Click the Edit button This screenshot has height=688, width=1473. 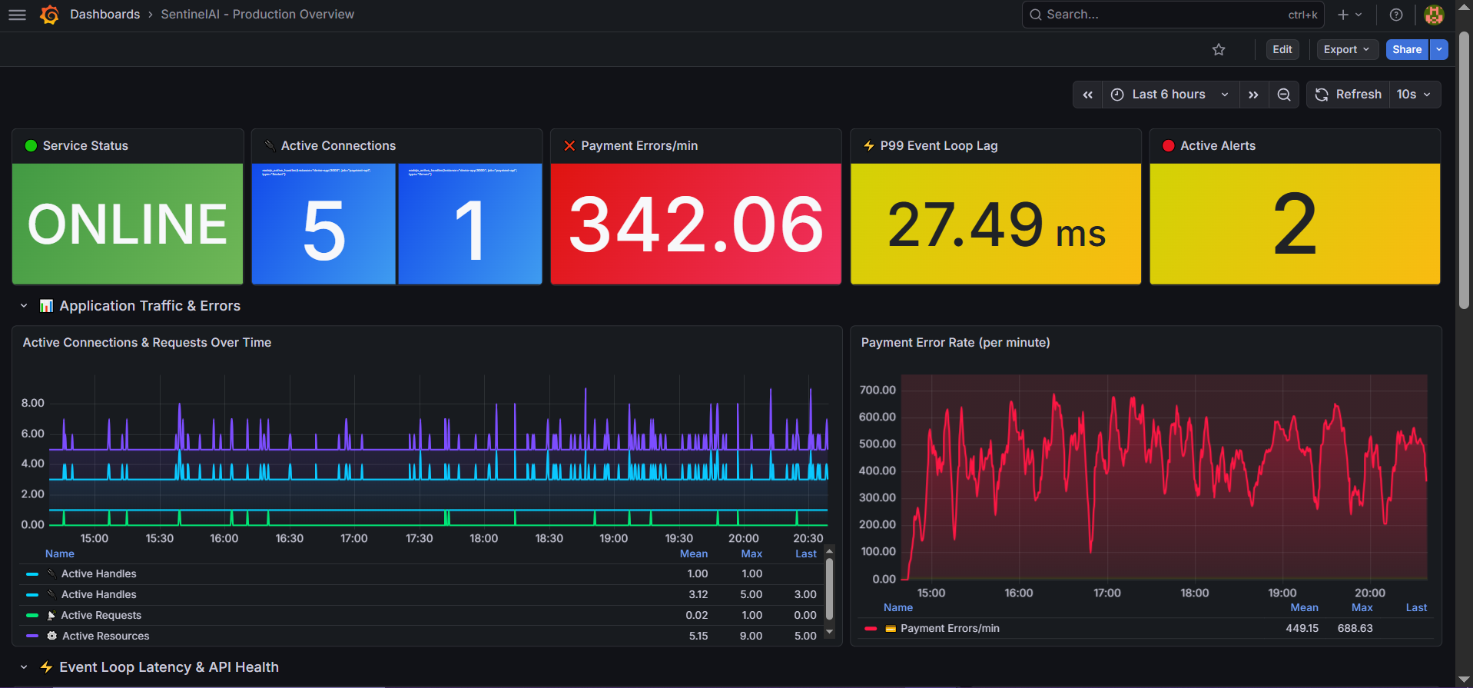1282,49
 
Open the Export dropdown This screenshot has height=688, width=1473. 1346,49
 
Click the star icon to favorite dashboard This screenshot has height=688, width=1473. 1219,50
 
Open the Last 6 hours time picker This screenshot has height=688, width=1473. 1169,95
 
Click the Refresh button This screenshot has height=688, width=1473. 1349,95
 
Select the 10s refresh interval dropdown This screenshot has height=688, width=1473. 1414,95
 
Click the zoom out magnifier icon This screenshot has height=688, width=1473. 1284,95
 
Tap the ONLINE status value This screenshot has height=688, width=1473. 128,224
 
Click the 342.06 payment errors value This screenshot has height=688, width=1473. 695,224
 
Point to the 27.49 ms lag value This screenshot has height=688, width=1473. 996,224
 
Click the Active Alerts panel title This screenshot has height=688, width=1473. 1217,146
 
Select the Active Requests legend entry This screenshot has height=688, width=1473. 101,615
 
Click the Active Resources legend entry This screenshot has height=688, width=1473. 105,636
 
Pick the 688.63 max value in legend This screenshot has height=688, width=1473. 1355,628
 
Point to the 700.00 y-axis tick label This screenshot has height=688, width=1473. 877,390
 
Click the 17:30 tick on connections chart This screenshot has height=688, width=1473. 420,538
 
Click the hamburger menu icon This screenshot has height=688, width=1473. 17,15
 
